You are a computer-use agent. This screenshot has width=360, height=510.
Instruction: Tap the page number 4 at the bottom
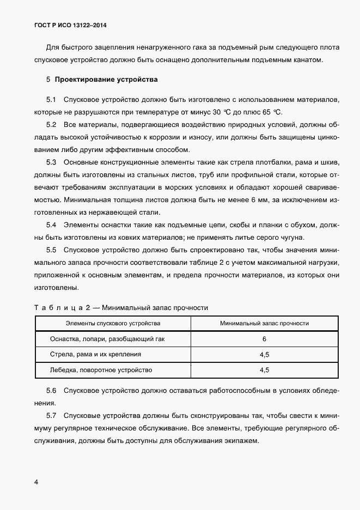[x=36, y=482]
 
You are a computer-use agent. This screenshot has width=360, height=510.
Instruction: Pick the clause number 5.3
[x=52, y=162]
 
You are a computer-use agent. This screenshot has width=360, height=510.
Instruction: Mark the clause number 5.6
[x=52, y=391]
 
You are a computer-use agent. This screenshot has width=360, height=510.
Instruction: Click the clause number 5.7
[x=52, y=417]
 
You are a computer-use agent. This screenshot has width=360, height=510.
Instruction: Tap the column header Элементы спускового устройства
[x=113, y=323]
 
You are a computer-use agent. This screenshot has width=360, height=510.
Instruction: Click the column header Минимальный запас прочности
[x=264, y=323]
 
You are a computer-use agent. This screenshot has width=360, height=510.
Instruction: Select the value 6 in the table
[x=264, y=339]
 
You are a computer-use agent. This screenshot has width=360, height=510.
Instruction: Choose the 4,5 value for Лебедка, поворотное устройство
[x=264, y=370]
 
